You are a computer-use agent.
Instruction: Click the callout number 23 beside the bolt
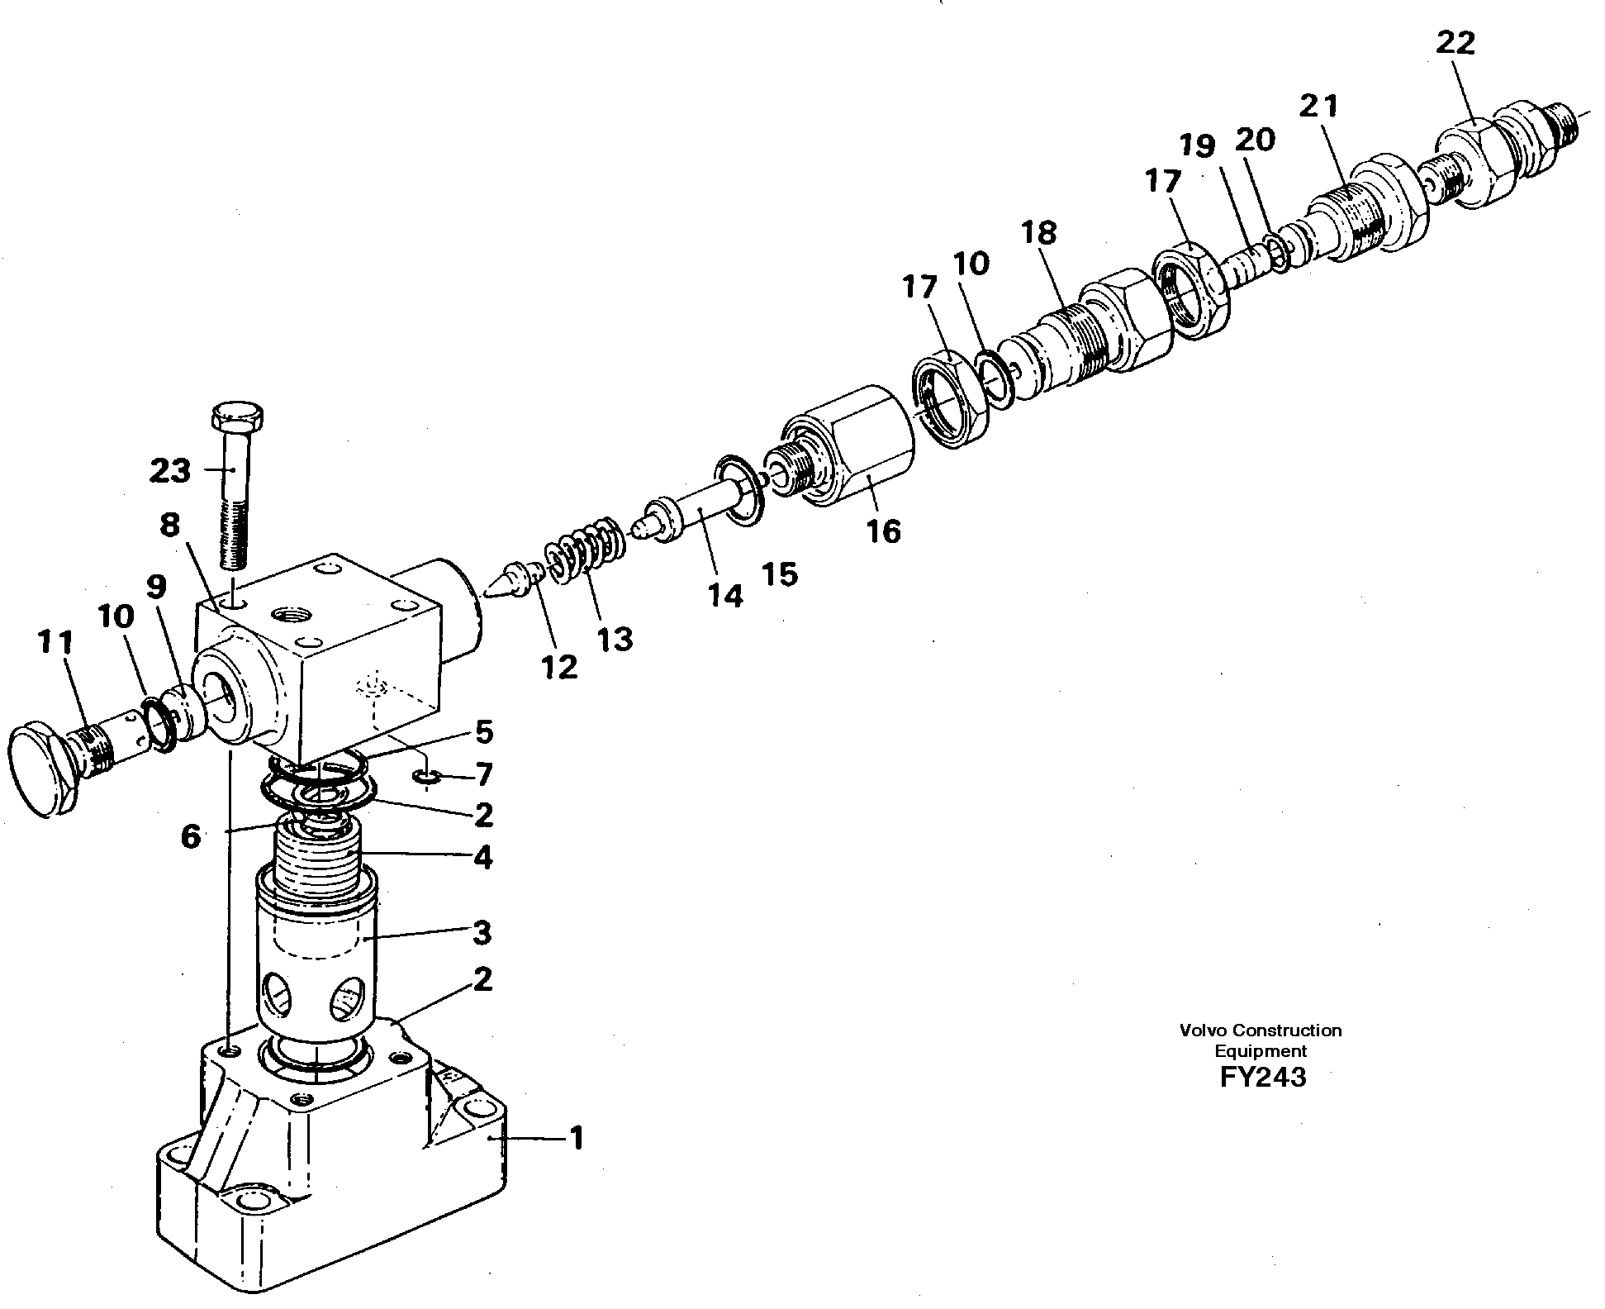pos(170,471)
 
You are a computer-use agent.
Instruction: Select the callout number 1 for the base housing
pos(576,1139)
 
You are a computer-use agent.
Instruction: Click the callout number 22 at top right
pos(1455,42)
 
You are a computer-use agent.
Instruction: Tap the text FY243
pos(1261,1078)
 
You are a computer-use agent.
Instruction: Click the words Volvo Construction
pos(1261,1031)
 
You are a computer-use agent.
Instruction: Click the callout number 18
pos(1038,233)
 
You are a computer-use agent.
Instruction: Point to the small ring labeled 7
pos(425,776)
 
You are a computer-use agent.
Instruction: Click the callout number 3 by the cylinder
pos(482,933)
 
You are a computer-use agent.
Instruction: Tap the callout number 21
pos(1318,107)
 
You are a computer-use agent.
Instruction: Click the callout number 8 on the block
pos(169,524)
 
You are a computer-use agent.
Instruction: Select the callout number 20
pos(1255,140)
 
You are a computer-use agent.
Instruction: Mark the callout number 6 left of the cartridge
pos(190,837)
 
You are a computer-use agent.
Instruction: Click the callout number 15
pos(780,574)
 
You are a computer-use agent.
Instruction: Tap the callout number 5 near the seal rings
pos(483,731)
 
